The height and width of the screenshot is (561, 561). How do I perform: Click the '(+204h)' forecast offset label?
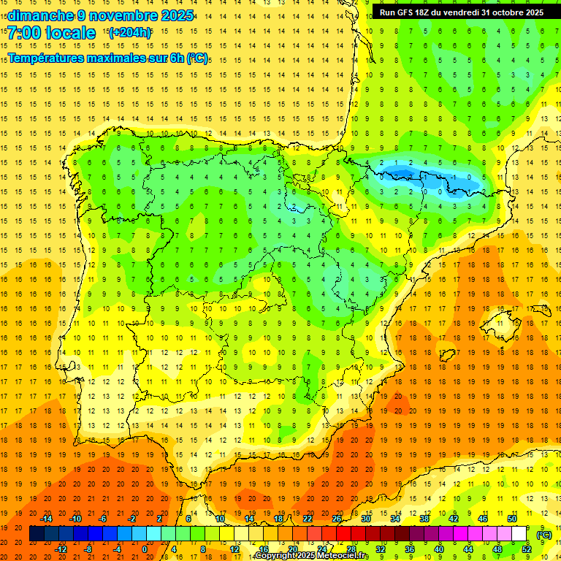point(130,33)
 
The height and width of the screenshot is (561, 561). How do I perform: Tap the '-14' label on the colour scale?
point(47,519)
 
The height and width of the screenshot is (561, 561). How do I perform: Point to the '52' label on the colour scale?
point(527,549)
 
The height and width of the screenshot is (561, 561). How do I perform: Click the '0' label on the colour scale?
point(144,549)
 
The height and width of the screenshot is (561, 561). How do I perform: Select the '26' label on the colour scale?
point(337,519)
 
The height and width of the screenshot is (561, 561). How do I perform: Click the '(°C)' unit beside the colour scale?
point(544,535)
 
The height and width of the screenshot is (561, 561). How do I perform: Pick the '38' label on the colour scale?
point(424,519)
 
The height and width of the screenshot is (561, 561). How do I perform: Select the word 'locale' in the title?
point(71,33)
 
